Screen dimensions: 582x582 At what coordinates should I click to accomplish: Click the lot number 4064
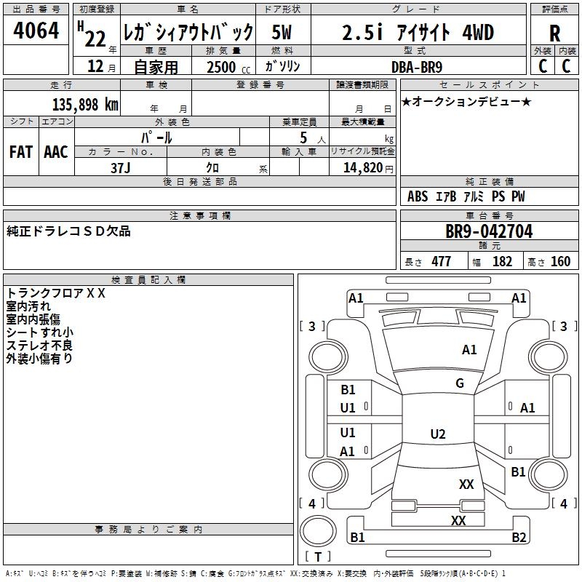tap(36, 31)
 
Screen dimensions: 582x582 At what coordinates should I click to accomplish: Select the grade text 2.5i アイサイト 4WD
tap(418, 33)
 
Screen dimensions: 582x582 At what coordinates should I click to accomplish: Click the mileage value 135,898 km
tap(84, 105)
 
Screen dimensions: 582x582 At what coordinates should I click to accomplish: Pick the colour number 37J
tap(121, 167)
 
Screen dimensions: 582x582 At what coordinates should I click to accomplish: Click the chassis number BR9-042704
tap(489, 231)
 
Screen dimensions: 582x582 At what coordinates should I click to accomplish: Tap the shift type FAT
tap(21, 152)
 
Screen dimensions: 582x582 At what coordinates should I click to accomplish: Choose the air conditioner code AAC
tap(56, 152)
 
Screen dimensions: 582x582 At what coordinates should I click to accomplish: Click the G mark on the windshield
tap(460, 383)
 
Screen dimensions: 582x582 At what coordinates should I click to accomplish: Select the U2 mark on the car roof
tap(438, 434)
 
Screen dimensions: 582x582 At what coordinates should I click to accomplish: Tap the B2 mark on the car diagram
tap(519, 538)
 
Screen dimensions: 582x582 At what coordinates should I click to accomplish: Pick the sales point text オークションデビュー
tap(466, 101)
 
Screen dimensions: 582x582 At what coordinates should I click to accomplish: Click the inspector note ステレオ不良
tap(39, 346)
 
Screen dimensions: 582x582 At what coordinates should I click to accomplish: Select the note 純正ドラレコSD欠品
tap(68, 231)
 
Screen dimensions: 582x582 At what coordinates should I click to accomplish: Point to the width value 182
tap(502, 262)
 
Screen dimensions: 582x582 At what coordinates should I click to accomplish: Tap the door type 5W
tap(283, 33)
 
